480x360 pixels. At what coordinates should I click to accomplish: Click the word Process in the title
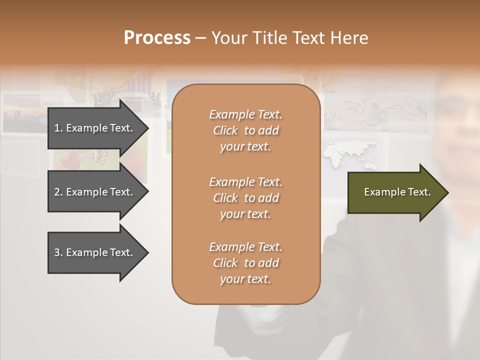click(x=157, y=38)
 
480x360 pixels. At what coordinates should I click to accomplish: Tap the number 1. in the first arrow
click(x=58, y=128)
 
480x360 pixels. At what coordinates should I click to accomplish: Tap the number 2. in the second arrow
click(x=58, y=192)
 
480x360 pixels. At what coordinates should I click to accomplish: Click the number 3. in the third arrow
click(x=58, y=252)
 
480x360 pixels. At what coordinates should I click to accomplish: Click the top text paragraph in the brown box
click(x=245, y=130)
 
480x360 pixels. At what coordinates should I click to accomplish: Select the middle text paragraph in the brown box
click(x=245, y=198)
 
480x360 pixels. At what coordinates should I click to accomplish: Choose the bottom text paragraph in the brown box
click(x=245, y=263)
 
